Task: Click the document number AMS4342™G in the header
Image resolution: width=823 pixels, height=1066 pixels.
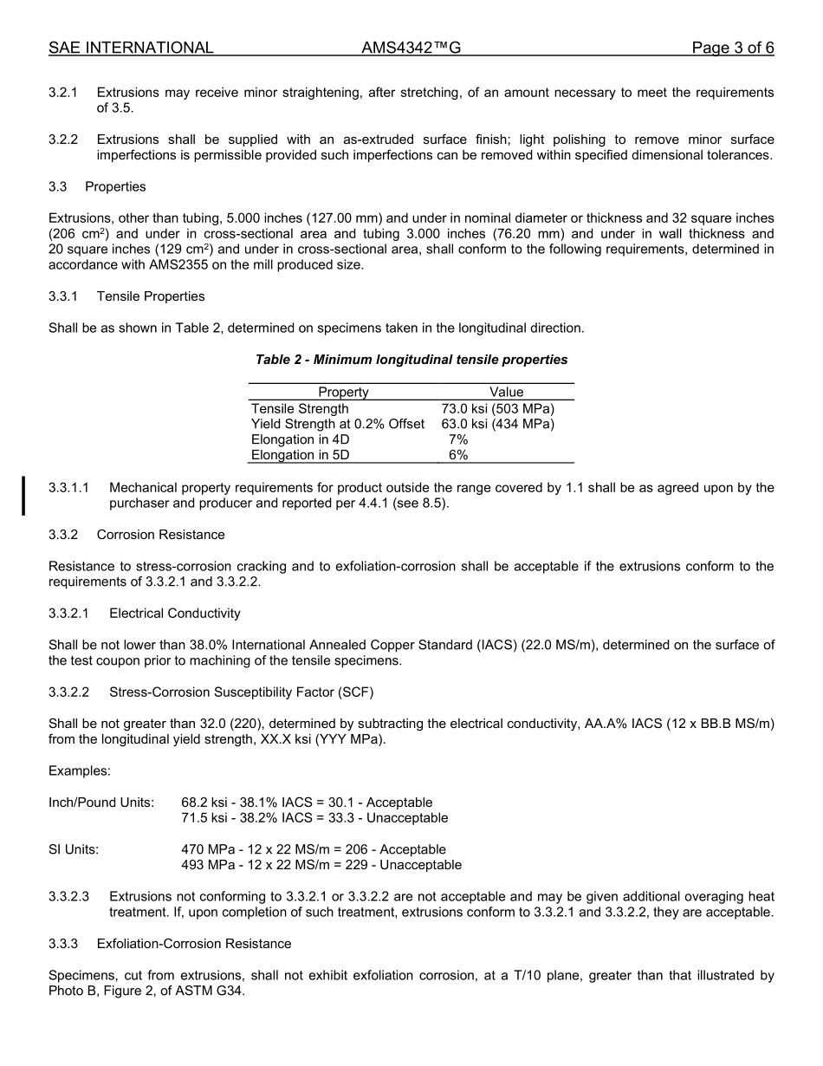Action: (411, 49)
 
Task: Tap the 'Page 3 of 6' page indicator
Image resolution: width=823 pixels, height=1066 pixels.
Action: (732, 49)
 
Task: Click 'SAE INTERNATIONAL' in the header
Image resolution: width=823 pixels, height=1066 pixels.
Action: (131, 49)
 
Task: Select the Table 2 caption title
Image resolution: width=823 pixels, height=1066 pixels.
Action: (411, 360)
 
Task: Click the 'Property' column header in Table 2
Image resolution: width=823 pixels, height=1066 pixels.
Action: (343, 393)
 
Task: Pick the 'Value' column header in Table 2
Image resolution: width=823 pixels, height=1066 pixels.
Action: (506, 393)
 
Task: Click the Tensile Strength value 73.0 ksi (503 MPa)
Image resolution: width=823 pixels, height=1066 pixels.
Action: (497, 409)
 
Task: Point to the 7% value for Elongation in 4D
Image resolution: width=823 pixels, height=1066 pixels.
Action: (458, 440)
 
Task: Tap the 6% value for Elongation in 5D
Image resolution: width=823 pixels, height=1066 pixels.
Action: (458, 456)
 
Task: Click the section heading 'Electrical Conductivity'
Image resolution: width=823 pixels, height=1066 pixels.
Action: (175, 614)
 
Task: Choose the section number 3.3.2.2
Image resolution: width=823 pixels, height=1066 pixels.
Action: (69, 692)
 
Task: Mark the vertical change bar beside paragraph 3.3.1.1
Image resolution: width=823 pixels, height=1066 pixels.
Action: (23, 496)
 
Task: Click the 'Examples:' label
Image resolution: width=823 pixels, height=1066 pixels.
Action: (80, 771)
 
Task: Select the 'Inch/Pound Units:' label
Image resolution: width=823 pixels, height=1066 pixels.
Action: (101, 803)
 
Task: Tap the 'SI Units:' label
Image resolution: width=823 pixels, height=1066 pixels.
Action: (74, 850)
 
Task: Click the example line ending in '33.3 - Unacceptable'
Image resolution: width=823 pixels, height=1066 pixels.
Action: (314, 818)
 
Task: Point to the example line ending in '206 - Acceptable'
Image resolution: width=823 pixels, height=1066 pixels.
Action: (314, 850)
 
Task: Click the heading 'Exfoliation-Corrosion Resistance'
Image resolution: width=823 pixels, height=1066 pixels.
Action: (194, 944)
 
